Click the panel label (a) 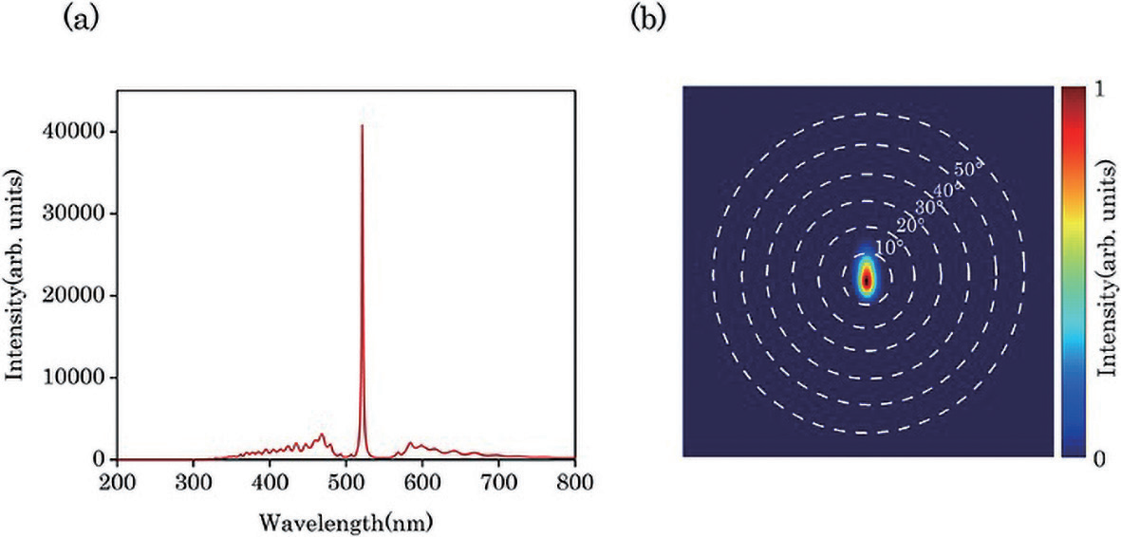(79, 18)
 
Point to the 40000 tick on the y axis (80, 132)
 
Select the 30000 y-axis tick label (80, 213)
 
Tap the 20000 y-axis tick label (80, 296)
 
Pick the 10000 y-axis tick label (80, 378)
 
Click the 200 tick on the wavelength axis (117, 481)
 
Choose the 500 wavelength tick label (346, 481)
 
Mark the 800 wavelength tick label (574, 481)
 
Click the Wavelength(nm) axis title (346, 522)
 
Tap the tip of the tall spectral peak (362, 125)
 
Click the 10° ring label (887, 247)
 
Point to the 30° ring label (929, 206)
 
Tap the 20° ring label (909, 226)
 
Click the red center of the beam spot (867, 279)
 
